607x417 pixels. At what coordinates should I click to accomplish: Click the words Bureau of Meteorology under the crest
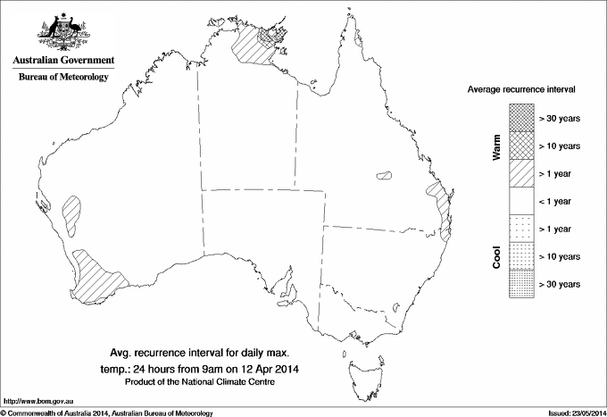63,78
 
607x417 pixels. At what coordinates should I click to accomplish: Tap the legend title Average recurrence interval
527,91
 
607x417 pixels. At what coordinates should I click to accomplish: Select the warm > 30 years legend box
520,118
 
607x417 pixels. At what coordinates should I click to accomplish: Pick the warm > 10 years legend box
520,146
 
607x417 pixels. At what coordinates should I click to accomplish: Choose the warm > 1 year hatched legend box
520,173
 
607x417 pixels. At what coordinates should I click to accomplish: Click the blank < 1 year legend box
520,201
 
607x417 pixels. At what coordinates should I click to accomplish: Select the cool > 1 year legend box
520,229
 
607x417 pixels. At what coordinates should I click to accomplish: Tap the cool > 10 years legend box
520,256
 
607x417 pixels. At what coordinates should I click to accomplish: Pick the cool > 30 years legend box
520,284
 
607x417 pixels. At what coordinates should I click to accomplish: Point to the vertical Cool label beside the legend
495,255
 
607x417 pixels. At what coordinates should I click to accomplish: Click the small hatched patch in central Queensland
387,175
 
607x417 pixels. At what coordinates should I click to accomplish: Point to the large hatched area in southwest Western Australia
98,275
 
